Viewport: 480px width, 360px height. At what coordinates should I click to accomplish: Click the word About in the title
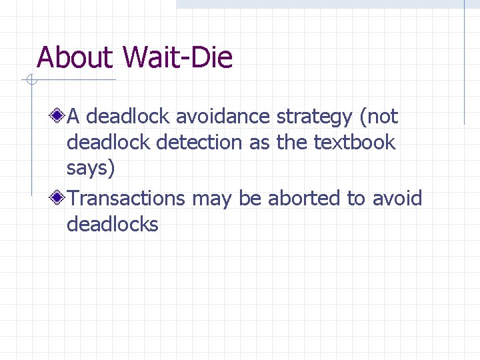[x=75, y=58]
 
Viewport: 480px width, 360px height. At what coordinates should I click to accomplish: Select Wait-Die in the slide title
[x=178, y=58]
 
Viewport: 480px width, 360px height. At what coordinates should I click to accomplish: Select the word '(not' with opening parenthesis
[x=378, y=117]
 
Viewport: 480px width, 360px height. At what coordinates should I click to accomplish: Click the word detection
[x=199, y=142]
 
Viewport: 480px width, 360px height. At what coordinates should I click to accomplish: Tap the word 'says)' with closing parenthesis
[x=91, y=168]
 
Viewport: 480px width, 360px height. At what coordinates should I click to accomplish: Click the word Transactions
[x=127, y=198]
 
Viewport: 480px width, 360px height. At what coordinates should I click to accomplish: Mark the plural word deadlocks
[x=113, y=224]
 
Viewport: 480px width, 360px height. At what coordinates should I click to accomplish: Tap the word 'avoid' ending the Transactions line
[x=397, y=198]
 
